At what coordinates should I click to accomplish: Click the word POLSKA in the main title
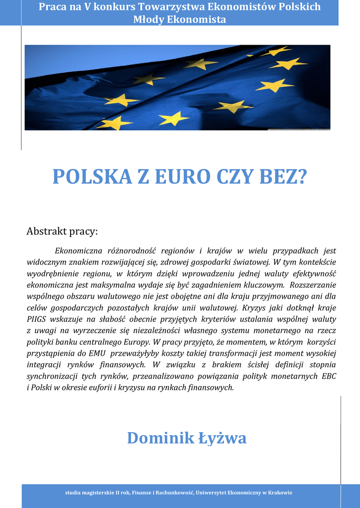tap(92, 177)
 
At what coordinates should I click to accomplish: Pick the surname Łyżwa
tap(222, 438)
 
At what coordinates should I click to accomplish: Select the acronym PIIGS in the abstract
tap(36, 319)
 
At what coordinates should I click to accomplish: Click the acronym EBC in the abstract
tap(329, 376)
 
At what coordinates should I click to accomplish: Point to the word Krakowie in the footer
tap(280, 493)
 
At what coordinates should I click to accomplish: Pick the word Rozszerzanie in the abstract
tap(313, 285)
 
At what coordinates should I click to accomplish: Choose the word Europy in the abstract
tap(135, 342)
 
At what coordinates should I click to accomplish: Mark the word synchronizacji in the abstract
tap(52, 376)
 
